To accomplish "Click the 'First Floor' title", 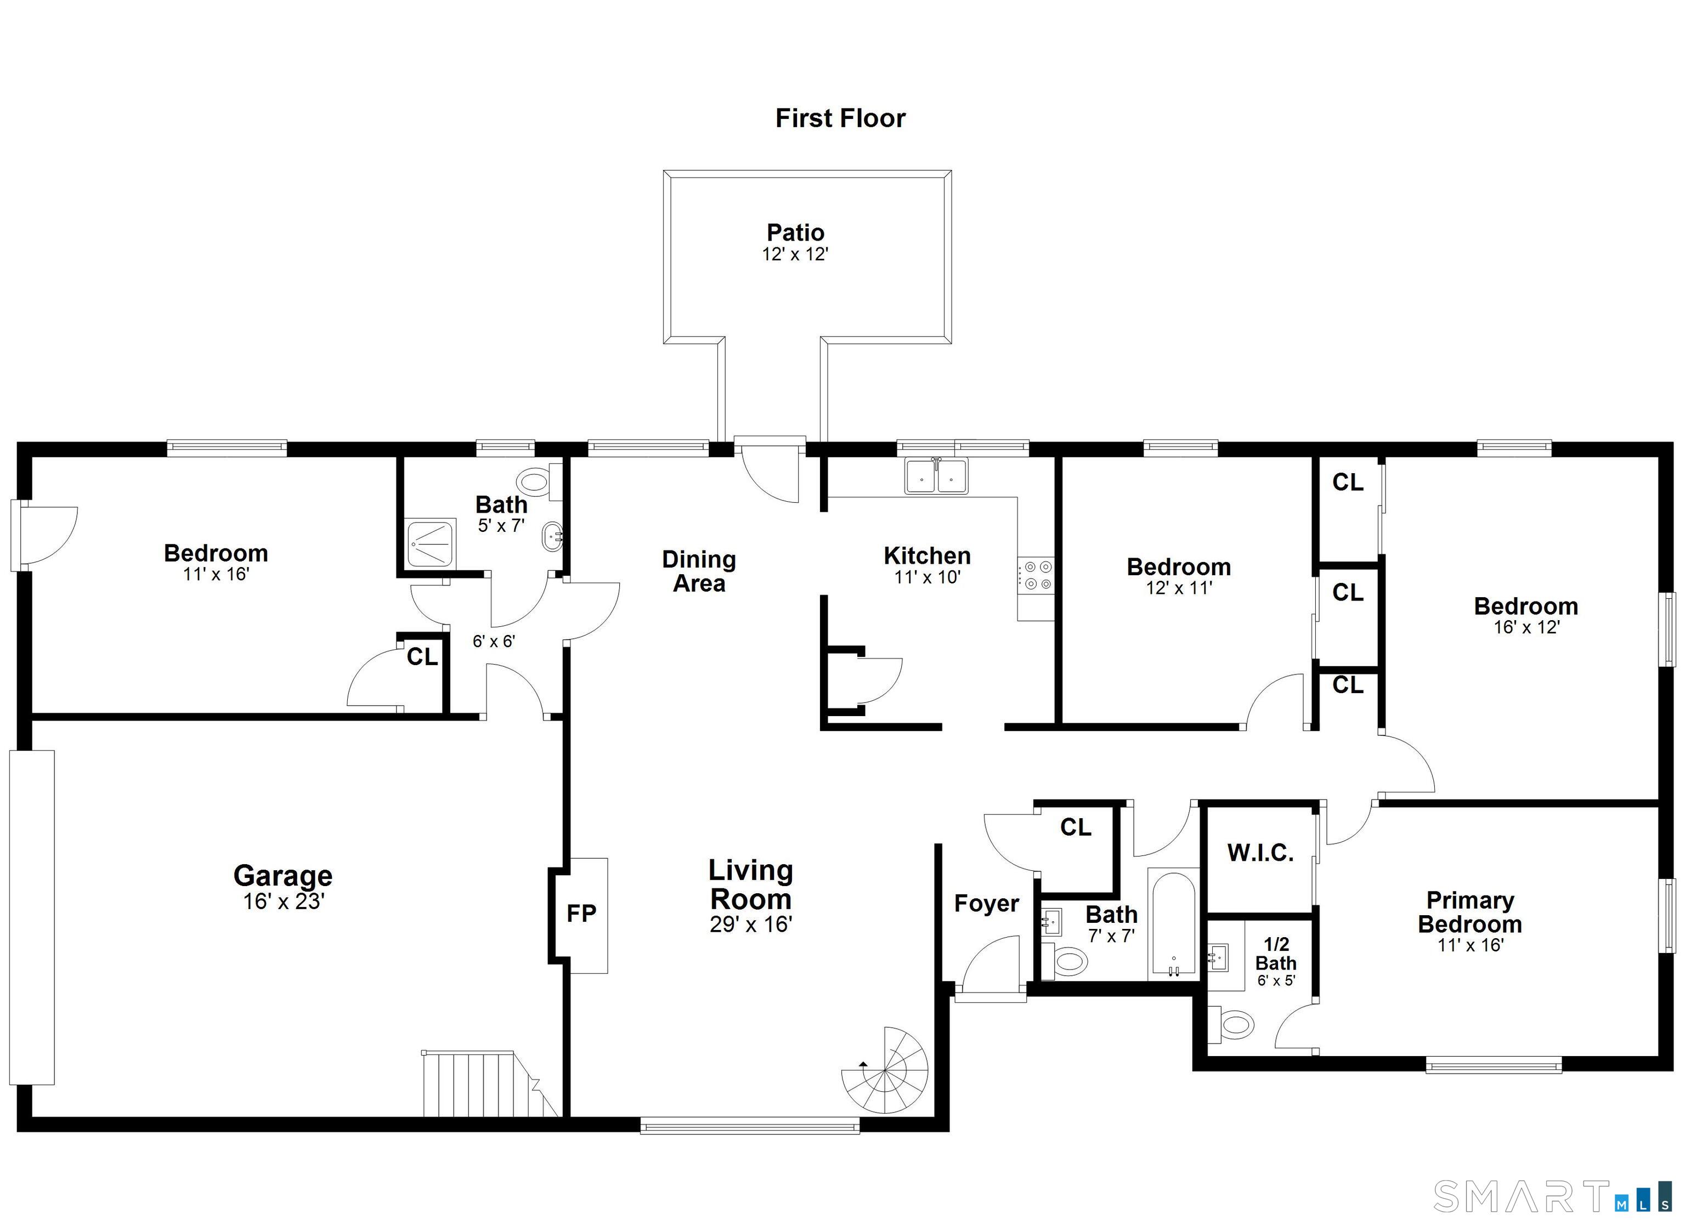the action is (840, 118).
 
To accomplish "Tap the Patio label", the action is (795, 232).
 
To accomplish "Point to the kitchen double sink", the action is (936, 475).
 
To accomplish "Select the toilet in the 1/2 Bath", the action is (1230, 1025).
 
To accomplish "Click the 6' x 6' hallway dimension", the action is (494, 640).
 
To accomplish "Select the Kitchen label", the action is (927, 555).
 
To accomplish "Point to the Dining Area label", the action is (699, 571).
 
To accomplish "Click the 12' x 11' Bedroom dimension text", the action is (1179, 588).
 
